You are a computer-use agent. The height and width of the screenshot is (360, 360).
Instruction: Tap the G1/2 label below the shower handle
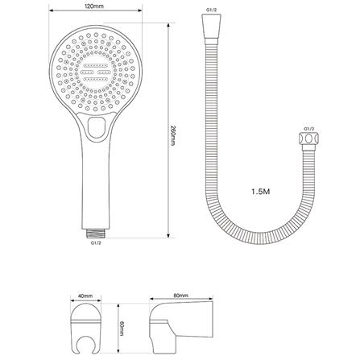[96, 242]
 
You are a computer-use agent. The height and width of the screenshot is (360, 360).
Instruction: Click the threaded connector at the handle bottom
[96, 232]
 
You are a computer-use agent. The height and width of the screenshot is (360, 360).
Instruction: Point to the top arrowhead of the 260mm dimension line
[168, 25]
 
